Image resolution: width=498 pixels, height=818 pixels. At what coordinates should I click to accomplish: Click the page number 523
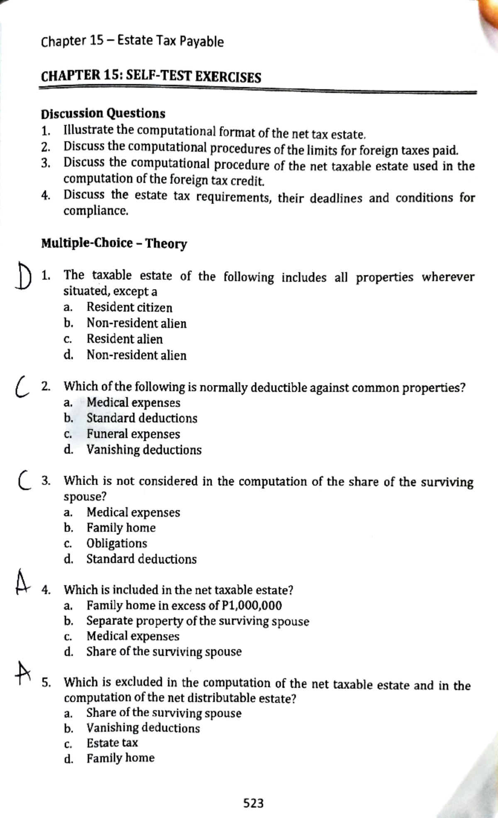(x=253, y=803)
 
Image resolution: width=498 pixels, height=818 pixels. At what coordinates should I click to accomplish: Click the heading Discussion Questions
(x=103, y=113)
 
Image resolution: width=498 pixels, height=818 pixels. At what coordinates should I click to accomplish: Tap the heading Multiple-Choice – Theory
(x=114, y=243)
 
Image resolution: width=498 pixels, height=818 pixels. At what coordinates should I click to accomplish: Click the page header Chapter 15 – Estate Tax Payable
(x=132, y=41)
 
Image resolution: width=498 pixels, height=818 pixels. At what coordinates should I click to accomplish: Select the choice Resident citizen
(x=129, y=307)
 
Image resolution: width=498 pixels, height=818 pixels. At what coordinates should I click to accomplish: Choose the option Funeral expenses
(x=133, y=434)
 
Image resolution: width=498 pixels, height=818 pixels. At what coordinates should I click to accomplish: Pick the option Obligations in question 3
(x=117, y=543)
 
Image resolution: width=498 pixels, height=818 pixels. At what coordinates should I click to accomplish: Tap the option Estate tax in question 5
(x=112, y=742)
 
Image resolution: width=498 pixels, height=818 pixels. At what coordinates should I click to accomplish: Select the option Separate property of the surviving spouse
(x=198, y=621)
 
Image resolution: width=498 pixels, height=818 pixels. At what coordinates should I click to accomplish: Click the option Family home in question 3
(x=121, y=528)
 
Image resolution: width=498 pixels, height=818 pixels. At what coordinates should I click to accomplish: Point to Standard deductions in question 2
(x=142, y=418)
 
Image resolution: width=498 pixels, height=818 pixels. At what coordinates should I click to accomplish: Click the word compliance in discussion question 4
(x=95, y=211)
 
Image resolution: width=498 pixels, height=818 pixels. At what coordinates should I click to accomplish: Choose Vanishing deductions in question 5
(x=143, y=727)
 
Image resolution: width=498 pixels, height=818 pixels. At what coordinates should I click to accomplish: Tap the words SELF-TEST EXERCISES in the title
(x=193, y=77)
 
